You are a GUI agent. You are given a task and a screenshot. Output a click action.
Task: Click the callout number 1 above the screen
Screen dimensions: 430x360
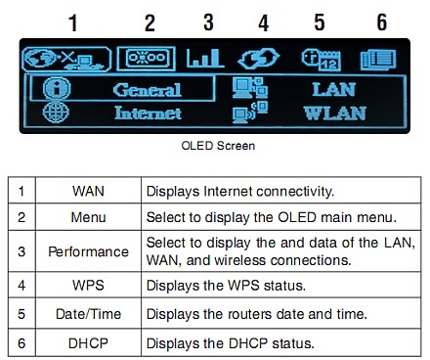(x=71, y=22)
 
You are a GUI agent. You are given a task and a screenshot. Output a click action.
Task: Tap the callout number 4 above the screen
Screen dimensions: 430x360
(x=262, y=22)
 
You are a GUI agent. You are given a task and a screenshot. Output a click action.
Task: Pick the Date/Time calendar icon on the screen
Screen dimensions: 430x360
(x=320, y=58)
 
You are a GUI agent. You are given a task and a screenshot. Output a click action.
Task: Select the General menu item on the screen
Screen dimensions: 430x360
(x=147, y=89)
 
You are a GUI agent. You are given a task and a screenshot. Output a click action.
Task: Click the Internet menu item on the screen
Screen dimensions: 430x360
(x=148, y=112)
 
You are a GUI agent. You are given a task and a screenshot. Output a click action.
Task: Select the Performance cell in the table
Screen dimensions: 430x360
(x=89, y=251)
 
